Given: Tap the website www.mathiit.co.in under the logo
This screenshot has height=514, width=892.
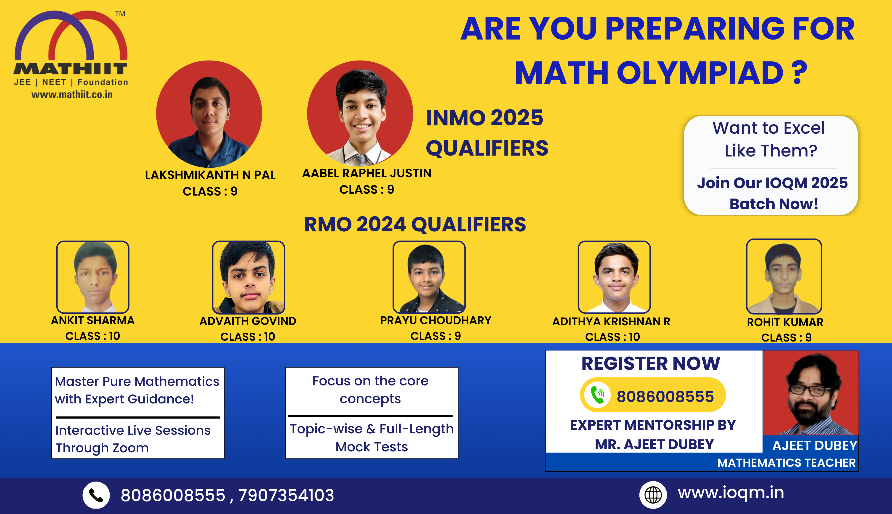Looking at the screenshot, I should pos(72,95).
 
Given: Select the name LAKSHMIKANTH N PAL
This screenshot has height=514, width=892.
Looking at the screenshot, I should pos(210,175).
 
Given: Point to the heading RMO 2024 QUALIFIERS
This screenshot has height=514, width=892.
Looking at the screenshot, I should pos(415,225).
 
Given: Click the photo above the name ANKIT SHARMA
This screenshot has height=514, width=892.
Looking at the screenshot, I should pos(93,277).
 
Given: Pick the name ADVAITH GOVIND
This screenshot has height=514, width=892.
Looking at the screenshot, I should pos(248,321).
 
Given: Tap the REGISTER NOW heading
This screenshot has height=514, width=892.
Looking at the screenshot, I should pos(651,364).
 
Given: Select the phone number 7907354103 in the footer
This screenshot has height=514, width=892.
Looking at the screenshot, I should pos(286,495).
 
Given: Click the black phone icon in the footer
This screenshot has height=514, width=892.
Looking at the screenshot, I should pos(96,495).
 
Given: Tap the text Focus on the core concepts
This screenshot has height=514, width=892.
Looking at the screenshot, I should pos(370,390).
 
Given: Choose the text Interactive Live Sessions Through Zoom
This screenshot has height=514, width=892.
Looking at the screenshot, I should pos(133,439).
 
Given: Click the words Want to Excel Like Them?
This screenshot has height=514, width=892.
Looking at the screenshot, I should pos(769,139).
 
